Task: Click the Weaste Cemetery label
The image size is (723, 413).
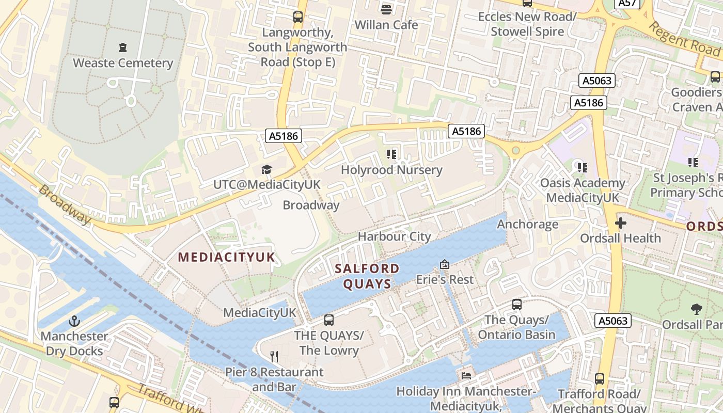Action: pos(123,63)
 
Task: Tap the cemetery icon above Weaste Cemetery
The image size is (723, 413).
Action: pos(123,47)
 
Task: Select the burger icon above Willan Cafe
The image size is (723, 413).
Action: pos(386,9)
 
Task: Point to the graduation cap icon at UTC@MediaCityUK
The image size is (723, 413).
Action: pos(266,169)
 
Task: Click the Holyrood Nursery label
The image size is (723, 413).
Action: pos(391,170)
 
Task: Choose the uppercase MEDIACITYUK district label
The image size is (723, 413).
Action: pos(227,257)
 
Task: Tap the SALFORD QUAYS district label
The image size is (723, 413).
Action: pos(367,276)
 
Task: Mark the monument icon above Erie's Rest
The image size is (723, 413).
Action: pos(444,264)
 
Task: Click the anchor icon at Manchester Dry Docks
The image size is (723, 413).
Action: pos(75,321)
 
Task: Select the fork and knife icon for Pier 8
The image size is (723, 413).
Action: pos(274,356)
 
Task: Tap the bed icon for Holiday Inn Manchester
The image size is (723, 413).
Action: pos(466,376)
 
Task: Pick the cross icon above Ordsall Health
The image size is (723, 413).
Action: pos(620,223)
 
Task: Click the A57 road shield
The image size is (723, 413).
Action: pos(627,3)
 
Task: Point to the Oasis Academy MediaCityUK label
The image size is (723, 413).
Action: pos(582,190)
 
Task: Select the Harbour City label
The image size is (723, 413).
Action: pos(394,236)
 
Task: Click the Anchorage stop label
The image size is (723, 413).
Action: pos(527,224)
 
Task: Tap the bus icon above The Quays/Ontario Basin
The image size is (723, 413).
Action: pos(516,305)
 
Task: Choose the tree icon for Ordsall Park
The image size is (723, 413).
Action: pos(696,309)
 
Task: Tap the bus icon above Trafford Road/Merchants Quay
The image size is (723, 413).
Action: pos(599,379)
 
